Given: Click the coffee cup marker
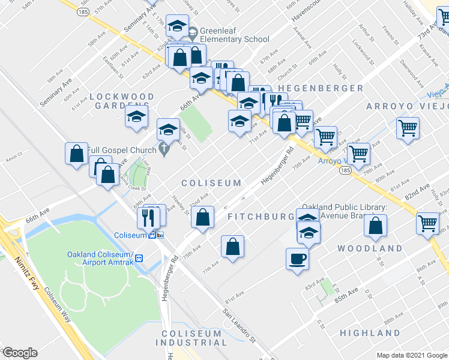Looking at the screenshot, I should click(297, 259).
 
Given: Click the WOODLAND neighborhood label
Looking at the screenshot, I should click(369, 248).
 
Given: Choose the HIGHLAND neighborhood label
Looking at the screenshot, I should click(370, 333).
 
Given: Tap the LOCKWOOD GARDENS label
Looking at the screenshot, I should click(122, 101).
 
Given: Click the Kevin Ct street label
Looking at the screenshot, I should click(14, 160).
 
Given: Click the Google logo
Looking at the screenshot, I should click(20, 353).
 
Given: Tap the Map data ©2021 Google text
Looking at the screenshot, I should click(412, 355).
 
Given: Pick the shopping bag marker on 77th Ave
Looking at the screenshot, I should click(232, 246).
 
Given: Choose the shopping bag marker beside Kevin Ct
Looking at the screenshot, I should click(77, 154).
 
